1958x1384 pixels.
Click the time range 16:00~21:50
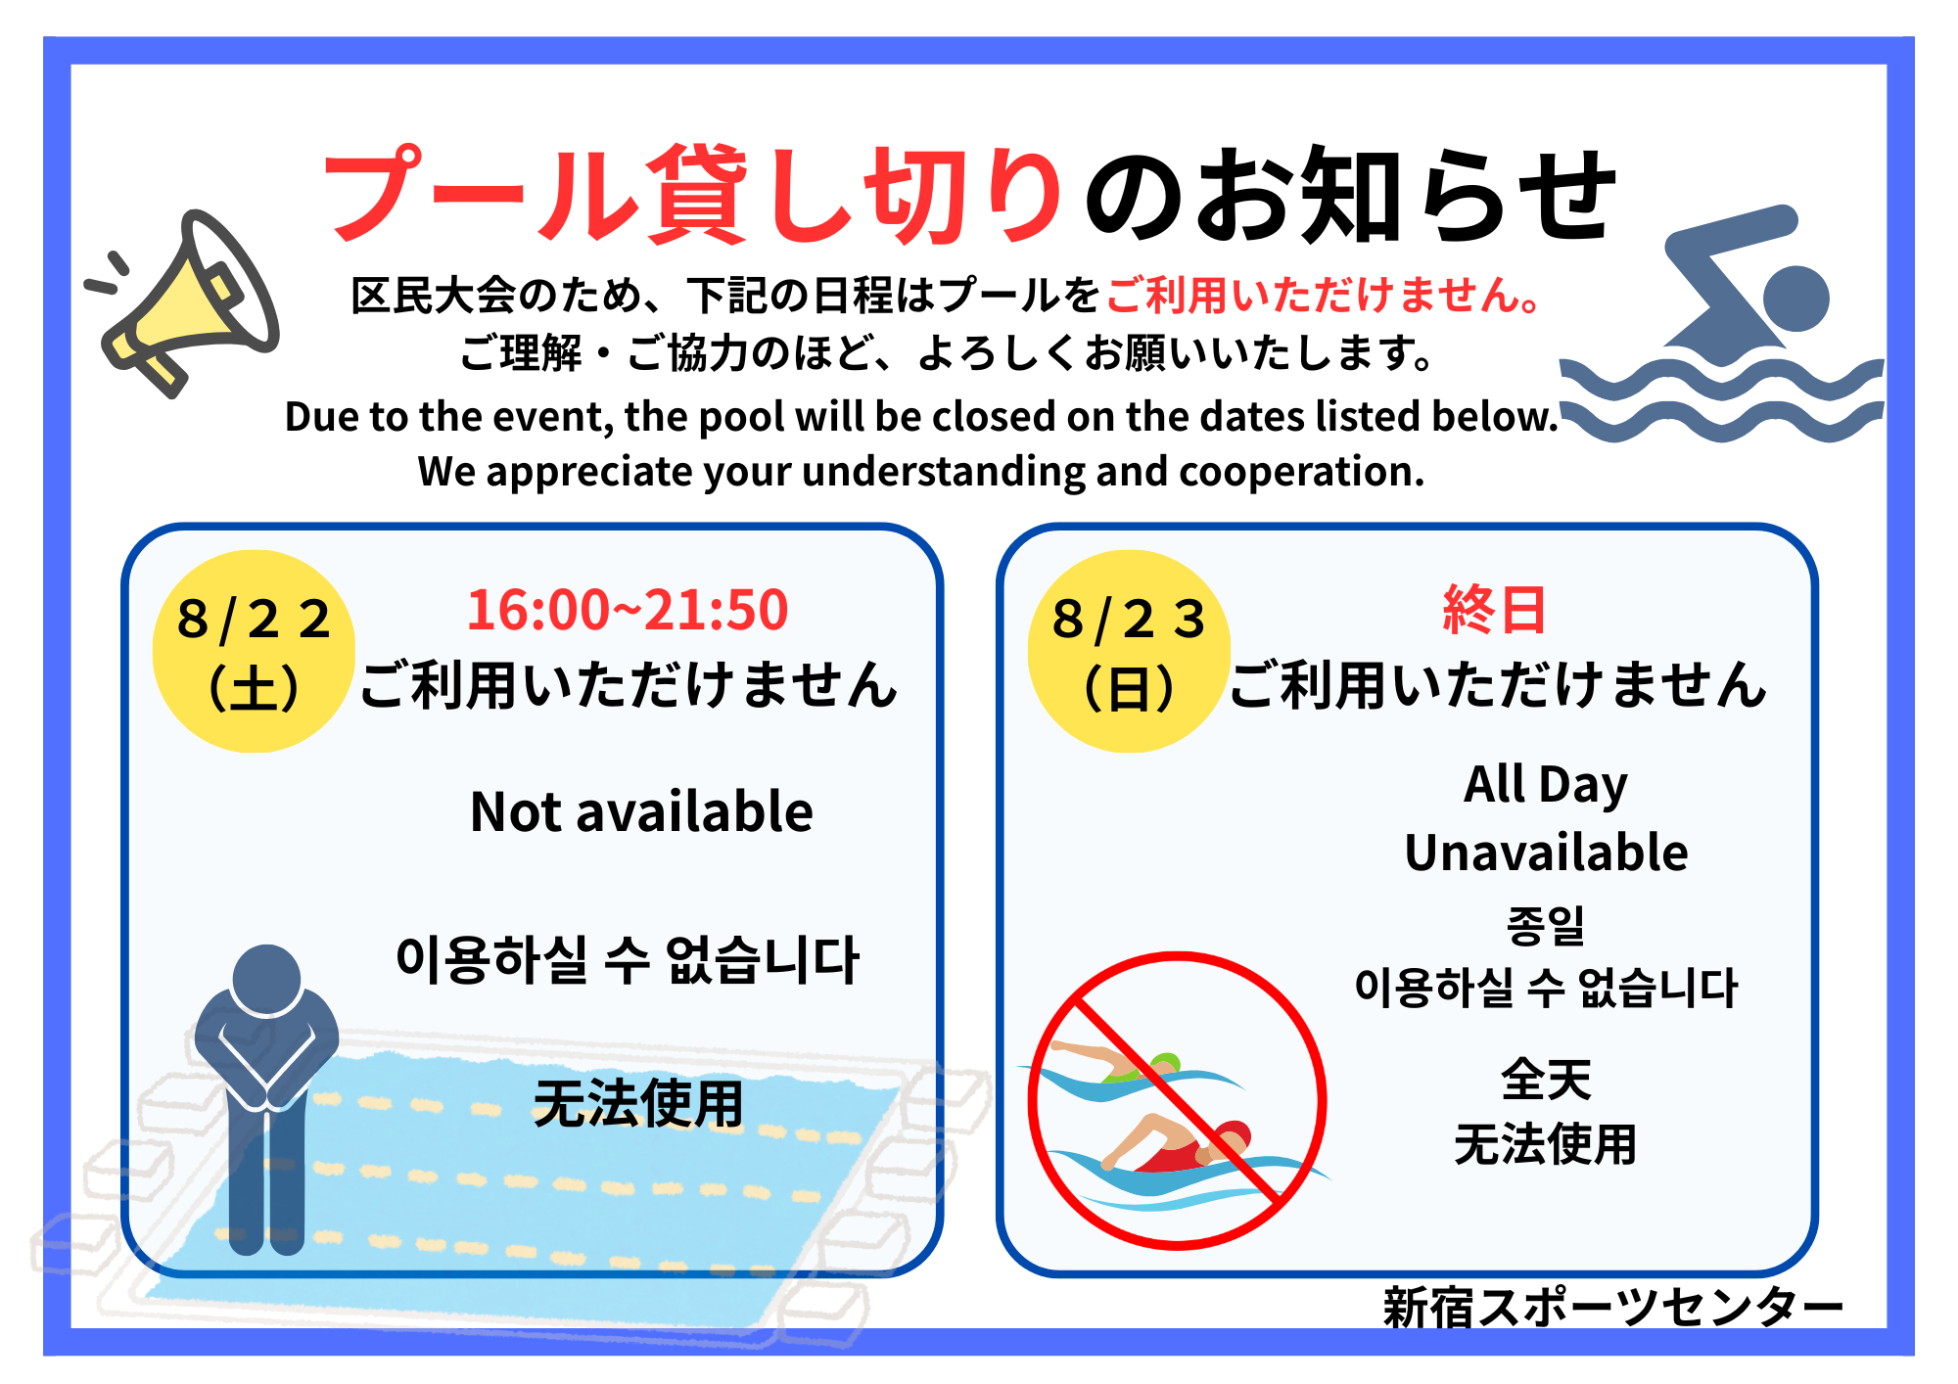tap(628, 610)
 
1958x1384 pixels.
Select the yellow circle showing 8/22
tap(254, 651)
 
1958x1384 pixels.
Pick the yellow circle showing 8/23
tap(1129, 651)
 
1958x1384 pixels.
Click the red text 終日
tap(1494, 610)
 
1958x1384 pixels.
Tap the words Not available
tap(641, 811)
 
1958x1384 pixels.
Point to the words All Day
tap(1546, 785)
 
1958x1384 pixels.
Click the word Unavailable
tap(1546, 853)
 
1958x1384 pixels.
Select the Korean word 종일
tap(1546, 925)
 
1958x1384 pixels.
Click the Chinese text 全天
tap(1546, 1080)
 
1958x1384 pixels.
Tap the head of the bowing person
tap(266, 979)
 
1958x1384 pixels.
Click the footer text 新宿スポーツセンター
tap(1612, 1308)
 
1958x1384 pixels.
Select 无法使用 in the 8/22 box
tap(638, 1103)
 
